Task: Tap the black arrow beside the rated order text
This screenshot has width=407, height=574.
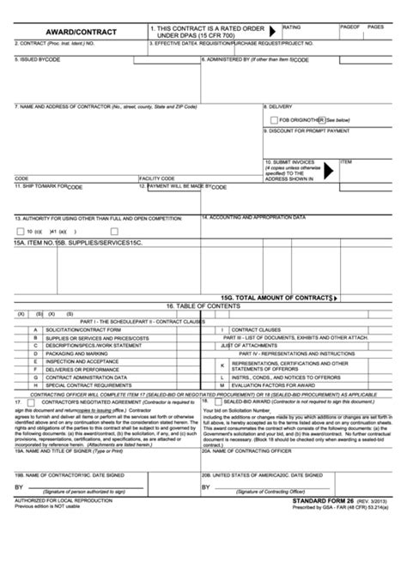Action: tap(272, 29)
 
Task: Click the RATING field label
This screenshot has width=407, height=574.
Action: tap(292, 26)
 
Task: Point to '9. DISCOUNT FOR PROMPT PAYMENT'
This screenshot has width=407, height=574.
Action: tap(309, 130)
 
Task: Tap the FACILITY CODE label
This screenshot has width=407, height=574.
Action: tap(156, 178)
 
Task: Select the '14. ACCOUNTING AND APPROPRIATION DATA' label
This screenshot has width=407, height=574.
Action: tap(253, 217)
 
